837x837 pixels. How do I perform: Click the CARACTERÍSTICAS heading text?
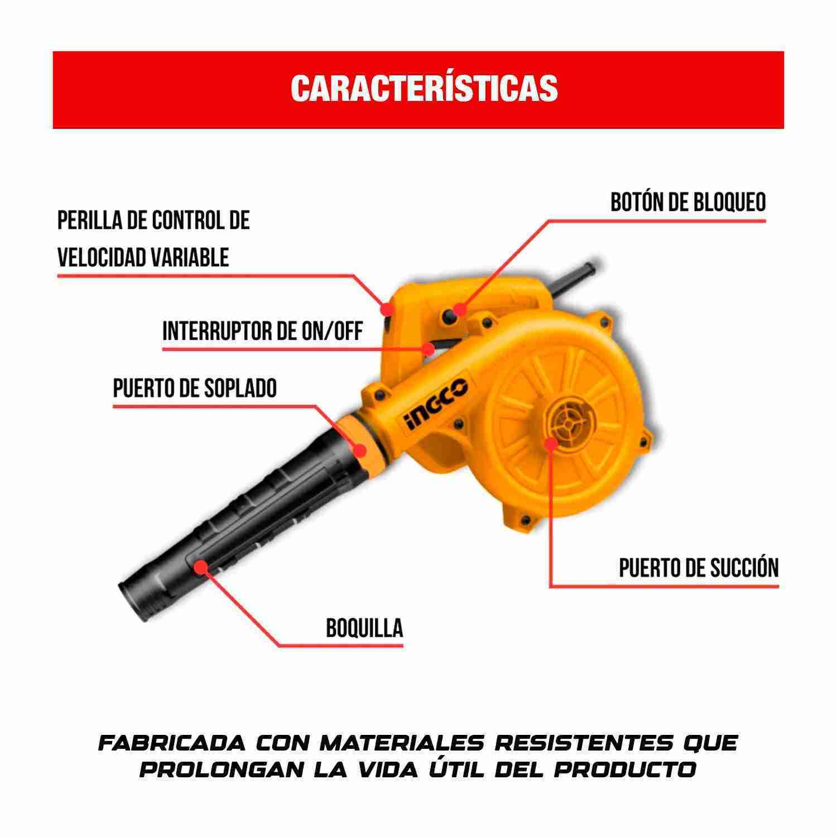tap(424, 88)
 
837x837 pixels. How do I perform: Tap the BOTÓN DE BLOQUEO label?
tap(687, 203)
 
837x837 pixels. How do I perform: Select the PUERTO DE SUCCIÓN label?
tap(699, 568)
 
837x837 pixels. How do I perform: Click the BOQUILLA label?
tap(364, 628)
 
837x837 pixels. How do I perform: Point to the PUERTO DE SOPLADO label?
tap(195, 388)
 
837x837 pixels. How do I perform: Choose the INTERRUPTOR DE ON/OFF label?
tap(262, 331)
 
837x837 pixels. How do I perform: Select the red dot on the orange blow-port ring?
tap(360, 449)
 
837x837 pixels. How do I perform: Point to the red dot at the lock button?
tap(459, 309)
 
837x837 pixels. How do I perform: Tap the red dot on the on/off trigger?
tap(429, 349)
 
